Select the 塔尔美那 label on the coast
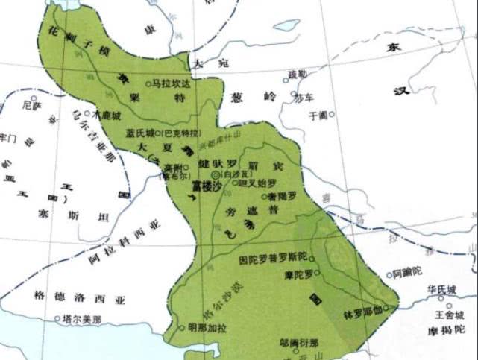pyautogui.click(x=81, y=318)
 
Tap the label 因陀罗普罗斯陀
pyautogui.click(x=272, y=258)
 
